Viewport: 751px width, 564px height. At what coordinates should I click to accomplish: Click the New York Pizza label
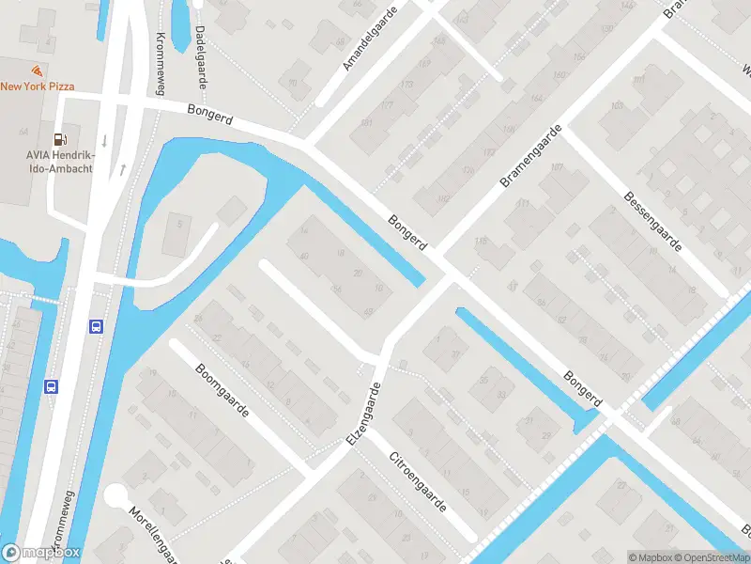[38, 86]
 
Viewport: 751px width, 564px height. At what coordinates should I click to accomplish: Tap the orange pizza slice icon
[37, 70]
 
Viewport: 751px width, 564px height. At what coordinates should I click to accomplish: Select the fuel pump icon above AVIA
[60, 139]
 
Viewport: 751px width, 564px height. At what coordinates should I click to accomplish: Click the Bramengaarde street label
[531, 155]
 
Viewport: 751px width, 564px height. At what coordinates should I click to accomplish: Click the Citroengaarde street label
[418, 482]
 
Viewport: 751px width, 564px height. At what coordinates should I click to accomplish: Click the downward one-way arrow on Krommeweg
[104, 140]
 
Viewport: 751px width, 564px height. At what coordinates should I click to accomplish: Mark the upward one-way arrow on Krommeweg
[122, 170]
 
